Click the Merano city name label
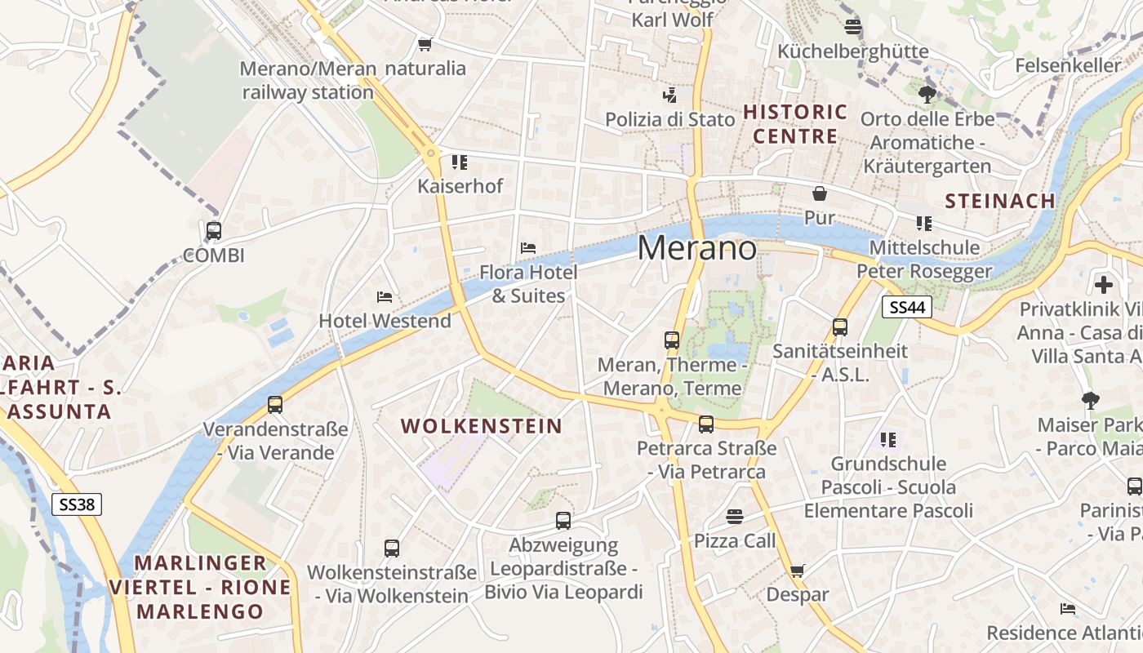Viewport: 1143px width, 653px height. [696, 247]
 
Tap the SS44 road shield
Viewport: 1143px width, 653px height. [907, 307]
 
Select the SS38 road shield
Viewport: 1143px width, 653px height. [78, 504]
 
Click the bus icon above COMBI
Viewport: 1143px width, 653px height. [214, 231]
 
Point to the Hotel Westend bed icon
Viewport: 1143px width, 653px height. [385, 297]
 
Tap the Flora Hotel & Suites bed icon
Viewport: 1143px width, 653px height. [528, 248]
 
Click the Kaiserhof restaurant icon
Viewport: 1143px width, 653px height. [460, 162]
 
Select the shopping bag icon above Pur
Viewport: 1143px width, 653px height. [819, 193]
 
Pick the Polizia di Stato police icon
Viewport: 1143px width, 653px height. [669, 96]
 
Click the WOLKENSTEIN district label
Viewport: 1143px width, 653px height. [482, 426]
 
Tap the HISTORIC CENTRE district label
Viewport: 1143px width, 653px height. [795, 124]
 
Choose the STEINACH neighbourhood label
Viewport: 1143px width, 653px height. [999, 201]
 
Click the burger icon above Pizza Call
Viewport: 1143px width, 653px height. [735, 517]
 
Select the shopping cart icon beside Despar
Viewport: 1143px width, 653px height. [797, 571]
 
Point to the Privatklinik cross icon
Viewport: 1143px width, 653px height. [1104, 285]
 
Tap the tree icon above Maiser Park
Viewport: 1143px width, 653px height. [1090, 401]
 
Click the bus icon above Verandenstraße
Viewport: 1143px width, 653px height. [275, 404]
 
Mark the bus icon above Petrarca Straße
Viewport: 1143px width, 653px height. [706, 424]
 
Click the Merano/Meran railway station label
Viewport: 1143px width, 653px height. [308, 80]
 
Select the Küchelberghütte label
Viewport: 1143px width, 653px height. [852, 51]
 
